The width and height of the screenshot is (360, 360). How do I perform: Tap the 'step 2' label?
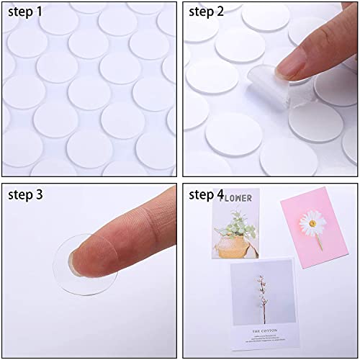pyautogui.click(x=210, y=13)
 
